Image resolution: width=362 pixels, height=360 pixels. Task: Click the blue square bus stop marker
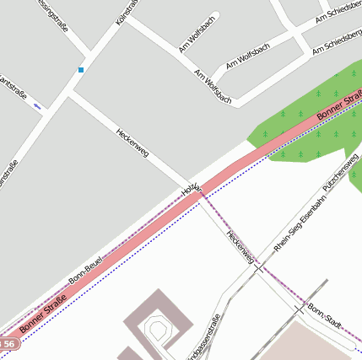[81, 69]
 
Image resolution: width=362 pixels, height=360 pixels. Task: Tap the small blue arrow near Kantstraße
[37, 106]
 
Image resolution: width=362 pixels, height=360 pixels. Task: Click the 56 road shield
[8, 344]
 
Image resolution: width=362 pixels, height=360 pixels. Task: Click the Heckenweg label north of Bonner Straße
[132, 142]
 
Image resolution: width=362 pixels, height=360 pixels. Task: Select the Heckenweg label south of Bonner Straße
[240, 246]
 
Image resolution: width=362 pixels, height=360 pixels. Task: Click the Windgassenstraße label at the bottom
[205, 339]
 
